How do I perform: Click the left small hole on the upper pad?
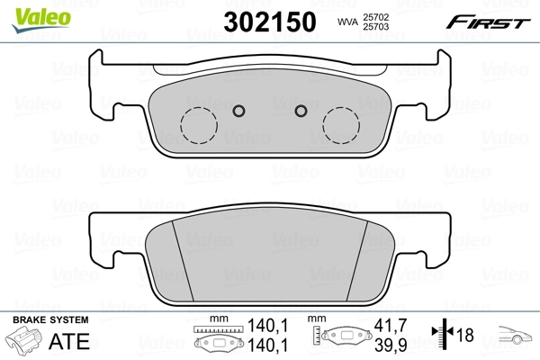(x=238, y=111)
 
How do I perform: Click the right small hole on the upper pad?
(x=301, y=111)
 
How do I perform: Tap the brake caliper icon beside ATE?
(x=24, y=343)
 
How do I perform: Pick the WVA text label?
(x=346, y=22)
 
